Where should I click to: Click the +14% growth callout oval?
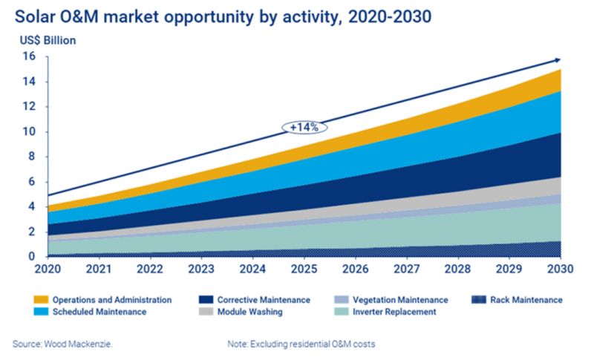coord(304,127)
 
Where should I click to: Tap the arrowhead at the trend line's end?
coord(557,60)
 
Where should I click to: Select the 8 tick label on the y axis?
coord(30,157)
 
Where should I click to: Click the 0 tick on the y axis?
coord(30,257)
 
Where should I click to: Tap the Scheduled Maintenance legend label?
coord(104,312)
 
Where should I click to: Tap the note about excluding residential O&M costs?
coord(301,344)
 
